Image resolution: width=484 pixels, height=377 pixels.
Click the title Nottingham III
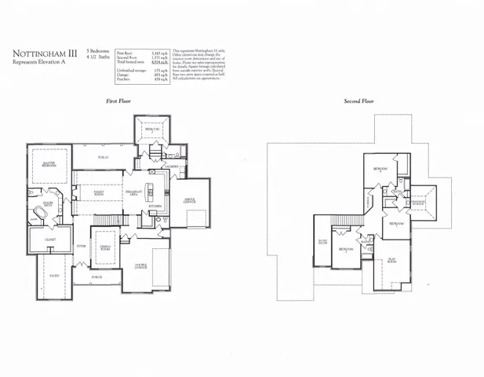click(43, 55)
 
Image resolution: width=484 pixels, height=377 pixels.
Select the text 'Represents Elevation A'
click(37, 65)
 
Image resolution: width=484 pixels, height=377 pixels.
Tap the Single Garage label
click(189, 200)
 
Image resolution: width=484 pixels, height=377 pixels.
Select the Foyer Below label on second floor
click(322, 242)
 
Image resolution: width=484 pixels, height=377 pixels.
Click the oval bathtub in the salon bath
click(38, 214)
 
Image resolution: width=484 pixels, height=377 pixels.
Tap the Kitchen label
click(155, 206)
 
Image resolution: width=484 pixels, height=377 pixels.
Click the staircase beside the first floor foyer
click(115, 217)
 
